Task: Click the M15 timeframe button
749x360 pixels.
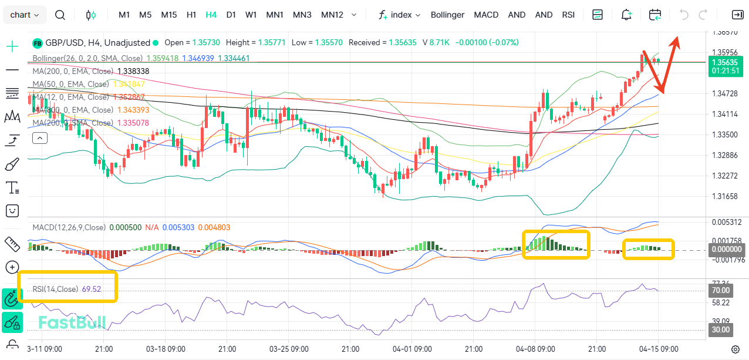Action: (x=169, y=15)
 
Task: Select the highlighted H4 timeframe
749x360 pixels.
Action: (x=211, y=15)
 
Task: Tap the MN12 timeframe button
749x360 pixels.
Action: (x=332, y=15)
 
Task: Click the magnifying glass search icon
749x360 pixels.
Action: (x=60, y=15)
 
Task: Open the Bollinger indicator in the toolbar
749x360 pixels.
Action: (x=447, y=15)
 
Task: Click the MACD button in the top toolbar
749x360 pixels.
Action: (x=486, y=15)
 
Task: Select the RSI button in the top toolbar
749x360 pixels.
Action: (x=568, y=15)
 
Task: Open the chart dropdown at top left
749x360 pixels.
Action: (x=25, y=15)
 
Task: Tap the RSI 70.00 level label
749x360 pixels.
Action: (x=720, y=290)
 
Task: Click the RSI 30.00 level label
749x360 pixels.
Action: (x=720, y=330)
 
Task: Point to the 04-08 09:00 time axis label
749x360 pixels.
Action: (x=535, y=348)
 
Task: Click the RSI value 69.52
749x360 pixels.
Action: (x=92, y=289)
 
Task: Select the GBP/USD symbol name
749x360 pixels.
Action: (x=65, y=43)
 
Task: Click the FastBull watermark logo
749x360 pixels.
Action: (x=72, y=322)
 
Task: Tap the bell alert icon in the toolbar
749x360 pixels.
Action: (x=626, y=15)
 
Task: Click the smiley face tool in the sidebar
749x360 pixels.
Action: (x=12, y=210)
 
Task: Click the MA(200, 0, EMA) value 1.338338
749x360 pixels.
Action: (x=133, y=71)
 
